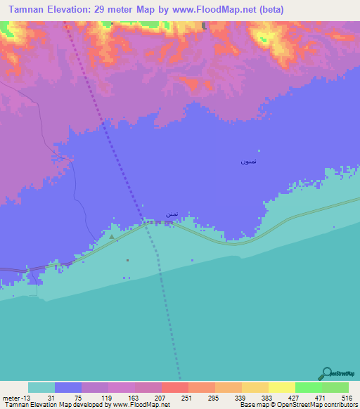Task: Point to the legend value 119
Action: click(108, 398)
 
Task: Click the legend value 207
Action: click(161, 398)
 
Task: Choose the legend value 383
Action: click(269, 398)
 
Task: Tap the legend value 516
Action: click(345, 398)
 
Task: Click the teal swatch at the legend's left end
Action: click(41, 387)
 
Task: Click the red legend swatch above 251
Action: click(174, 387)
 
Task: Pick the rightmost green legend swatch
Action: click(335, 387)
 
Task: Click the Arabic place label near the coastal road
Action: click(171, 214)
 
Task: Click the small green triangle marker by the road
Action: click(111, 237)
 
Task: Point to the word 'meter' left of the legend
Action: click(11, 398)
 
